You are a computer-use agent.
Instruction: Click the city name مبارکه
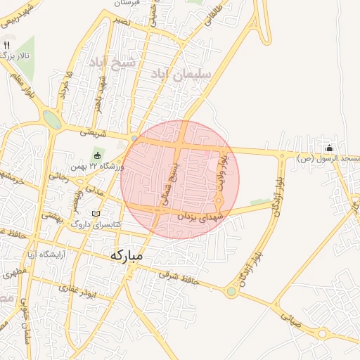coord(127,256)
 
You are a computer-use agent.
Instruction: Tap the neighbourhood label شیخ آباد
coord(110,64)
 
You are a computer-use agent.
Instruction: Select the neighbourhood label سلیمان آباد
coord(172,73)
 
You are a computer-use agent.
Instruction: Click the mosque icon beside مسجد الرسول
coord(329,148)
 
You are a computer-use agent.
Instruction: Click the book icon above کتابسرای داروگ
coord(96,213)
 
